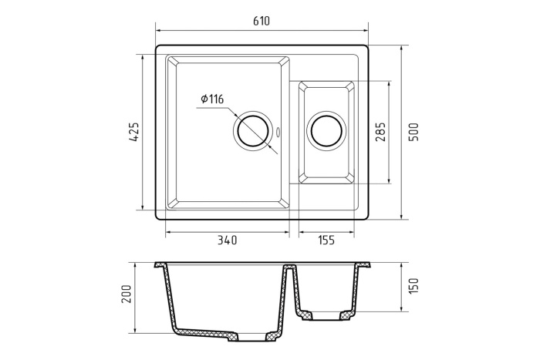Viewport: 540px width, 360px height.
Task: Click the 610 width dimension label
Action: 261,22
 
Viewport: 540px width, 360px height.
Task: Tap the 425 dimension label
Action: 132,132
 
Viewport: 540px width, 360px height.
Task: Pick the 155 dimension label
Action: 326,240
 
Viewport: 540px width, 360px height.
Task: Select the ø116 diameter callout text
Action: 211,99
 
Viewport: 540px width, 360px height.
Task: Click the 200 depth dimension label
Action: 128,294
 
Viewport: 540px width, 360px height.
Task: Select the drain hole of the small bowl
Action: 326,131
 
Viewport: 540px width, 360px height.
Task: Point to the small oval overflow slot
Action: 278,130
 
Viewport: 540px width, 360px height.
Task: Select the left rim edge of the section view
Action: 158,264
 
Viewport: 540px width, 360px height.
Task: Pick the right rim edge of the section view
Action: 370,264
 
